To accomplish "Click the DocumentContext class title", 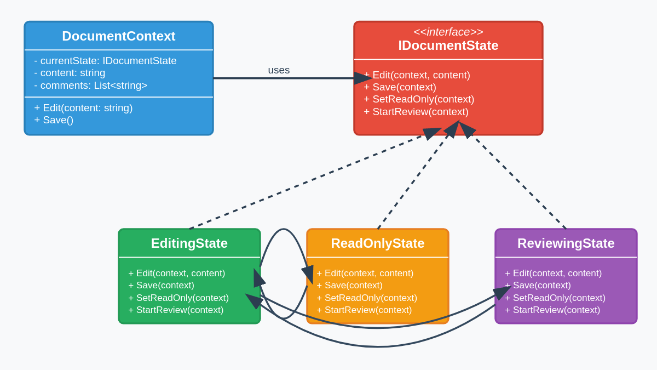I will point(118,36).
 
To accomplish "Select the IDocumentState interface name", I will point(448,45).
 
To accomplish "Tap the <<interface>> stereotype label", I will point(448,32).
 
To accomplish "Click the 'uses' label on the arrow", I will point(279,70).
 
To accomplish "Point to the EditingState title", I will point(189,243).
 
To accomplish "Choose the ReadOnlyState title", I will point(377,243).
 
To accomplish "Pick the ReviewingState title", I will point(566,243).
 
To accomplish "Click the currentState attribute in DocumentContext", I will point(105,61).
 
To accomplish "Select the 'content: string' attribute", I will point(70,73).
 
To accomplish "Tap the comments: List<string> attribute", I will point(90,86).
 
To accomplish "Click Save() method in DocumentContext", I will point(54,120).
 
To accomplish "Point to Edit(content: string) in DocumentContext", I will point(83,108).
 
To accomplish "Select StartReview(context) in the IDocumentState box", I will point(416,112).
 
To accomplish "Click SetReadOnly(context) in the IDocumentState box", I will point(419,99).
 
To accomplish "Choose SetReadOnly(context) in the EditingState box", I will point(178,298).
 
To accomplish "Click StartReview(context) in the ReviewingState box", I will point(552,310).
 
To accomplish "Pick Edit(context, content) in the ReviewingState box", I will point(553,273).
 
